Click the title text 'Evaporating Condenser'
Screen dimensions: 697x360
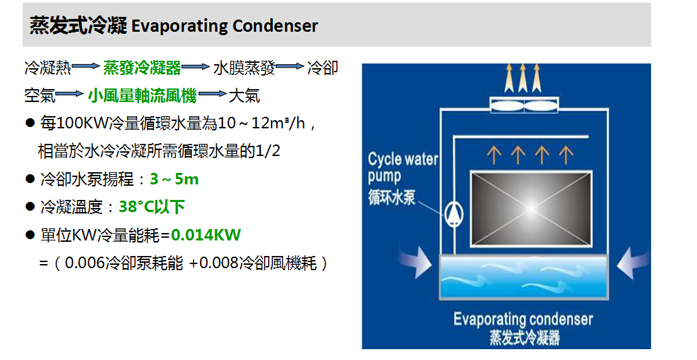(x=224, y=26)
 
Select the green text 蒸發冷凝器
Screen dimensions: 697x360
(x=143, y=68)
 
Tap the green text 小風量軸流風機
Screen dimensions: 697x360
(x=143, y=95)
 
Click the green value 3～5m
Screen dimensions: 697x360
(x=174, y=179)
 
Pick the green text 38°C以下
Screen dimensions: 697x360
(x=151, y=207)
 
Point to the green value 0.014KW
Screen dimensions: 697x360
(x=206, y=234)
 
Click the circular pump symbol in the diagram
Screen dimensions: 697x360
(x=454, y=214)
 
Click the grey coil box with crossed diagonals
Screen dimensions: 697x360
(x=532, y=209)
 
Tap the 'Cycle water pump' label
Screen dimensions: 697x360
(x=403, y=167)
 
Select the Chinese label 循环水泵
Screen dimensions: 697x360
(x=392, y=197)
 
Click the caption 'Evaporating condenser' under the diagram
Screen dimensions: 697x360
(x=523, y=319)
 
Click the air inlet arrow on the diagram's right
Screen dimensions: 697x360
(x=633, y=263)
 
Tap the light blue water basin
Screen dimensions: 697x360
(x=523, y=276)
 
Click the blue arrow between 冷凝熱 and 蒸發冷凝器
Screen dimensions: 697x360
(x=86, y=67)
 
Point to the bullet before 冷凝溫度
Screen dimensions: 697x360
(x=30, y=207)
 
